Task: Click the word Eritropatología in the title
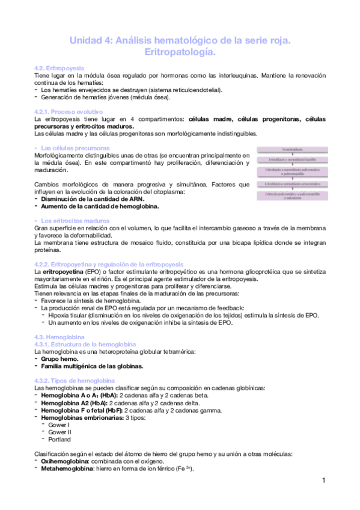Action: [180, 53]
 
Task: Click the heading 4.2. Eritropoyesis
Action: [59, 68]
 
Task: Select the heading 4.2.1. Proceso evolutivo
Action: [69, 112]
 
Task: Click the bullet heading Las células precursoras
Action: [75, 147]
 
